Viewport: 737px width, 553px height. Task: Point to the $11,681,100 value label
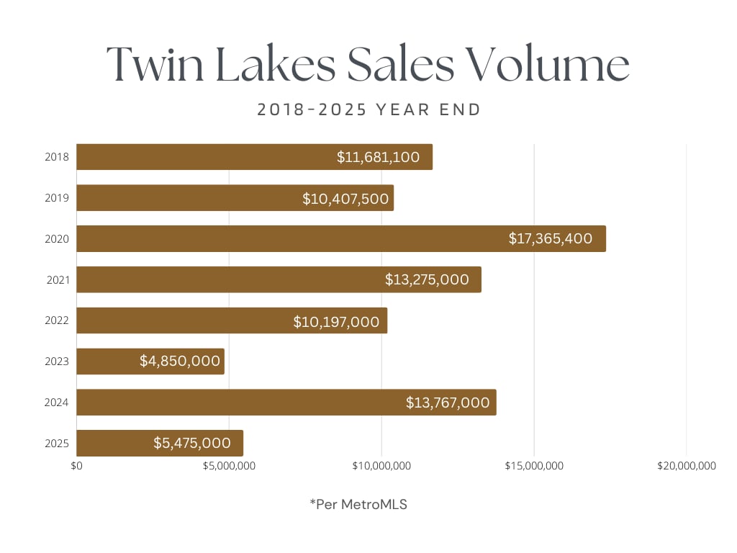coord(378,157)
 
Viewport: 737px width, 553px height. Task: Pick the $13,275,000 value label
coord(427,279)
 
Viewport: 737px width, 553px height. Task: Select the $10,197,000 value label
coord(336,321)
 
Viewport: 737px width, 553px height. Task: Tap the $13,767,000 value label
coord(448,403)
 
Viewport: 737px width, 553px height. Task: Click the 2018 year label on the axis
coord(57,157)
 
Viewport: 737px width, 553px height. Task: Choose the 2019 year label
coord(57,198)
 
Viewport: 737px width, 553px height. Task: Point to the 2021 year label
coord(57,279)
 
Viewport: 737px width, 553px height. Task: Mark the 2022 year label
coord(57,320)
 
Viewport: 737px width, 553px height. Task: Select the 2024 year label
coord(57,403)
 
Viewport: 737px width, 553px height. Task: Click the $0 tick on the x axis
coord(76,466)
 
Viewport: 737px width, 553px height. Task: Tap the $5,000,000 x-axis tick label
coord(229,466)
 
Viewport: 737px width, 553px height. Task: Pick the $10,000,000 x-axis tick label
coord(381,466)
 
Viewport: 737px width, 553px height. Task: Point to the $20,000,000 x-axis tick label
coord(687,466)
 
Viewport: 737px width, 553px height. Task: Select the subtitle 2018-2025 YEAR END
coord(368,110)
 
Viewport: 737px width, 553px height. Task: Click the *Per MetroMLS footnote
coord(358,505)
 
